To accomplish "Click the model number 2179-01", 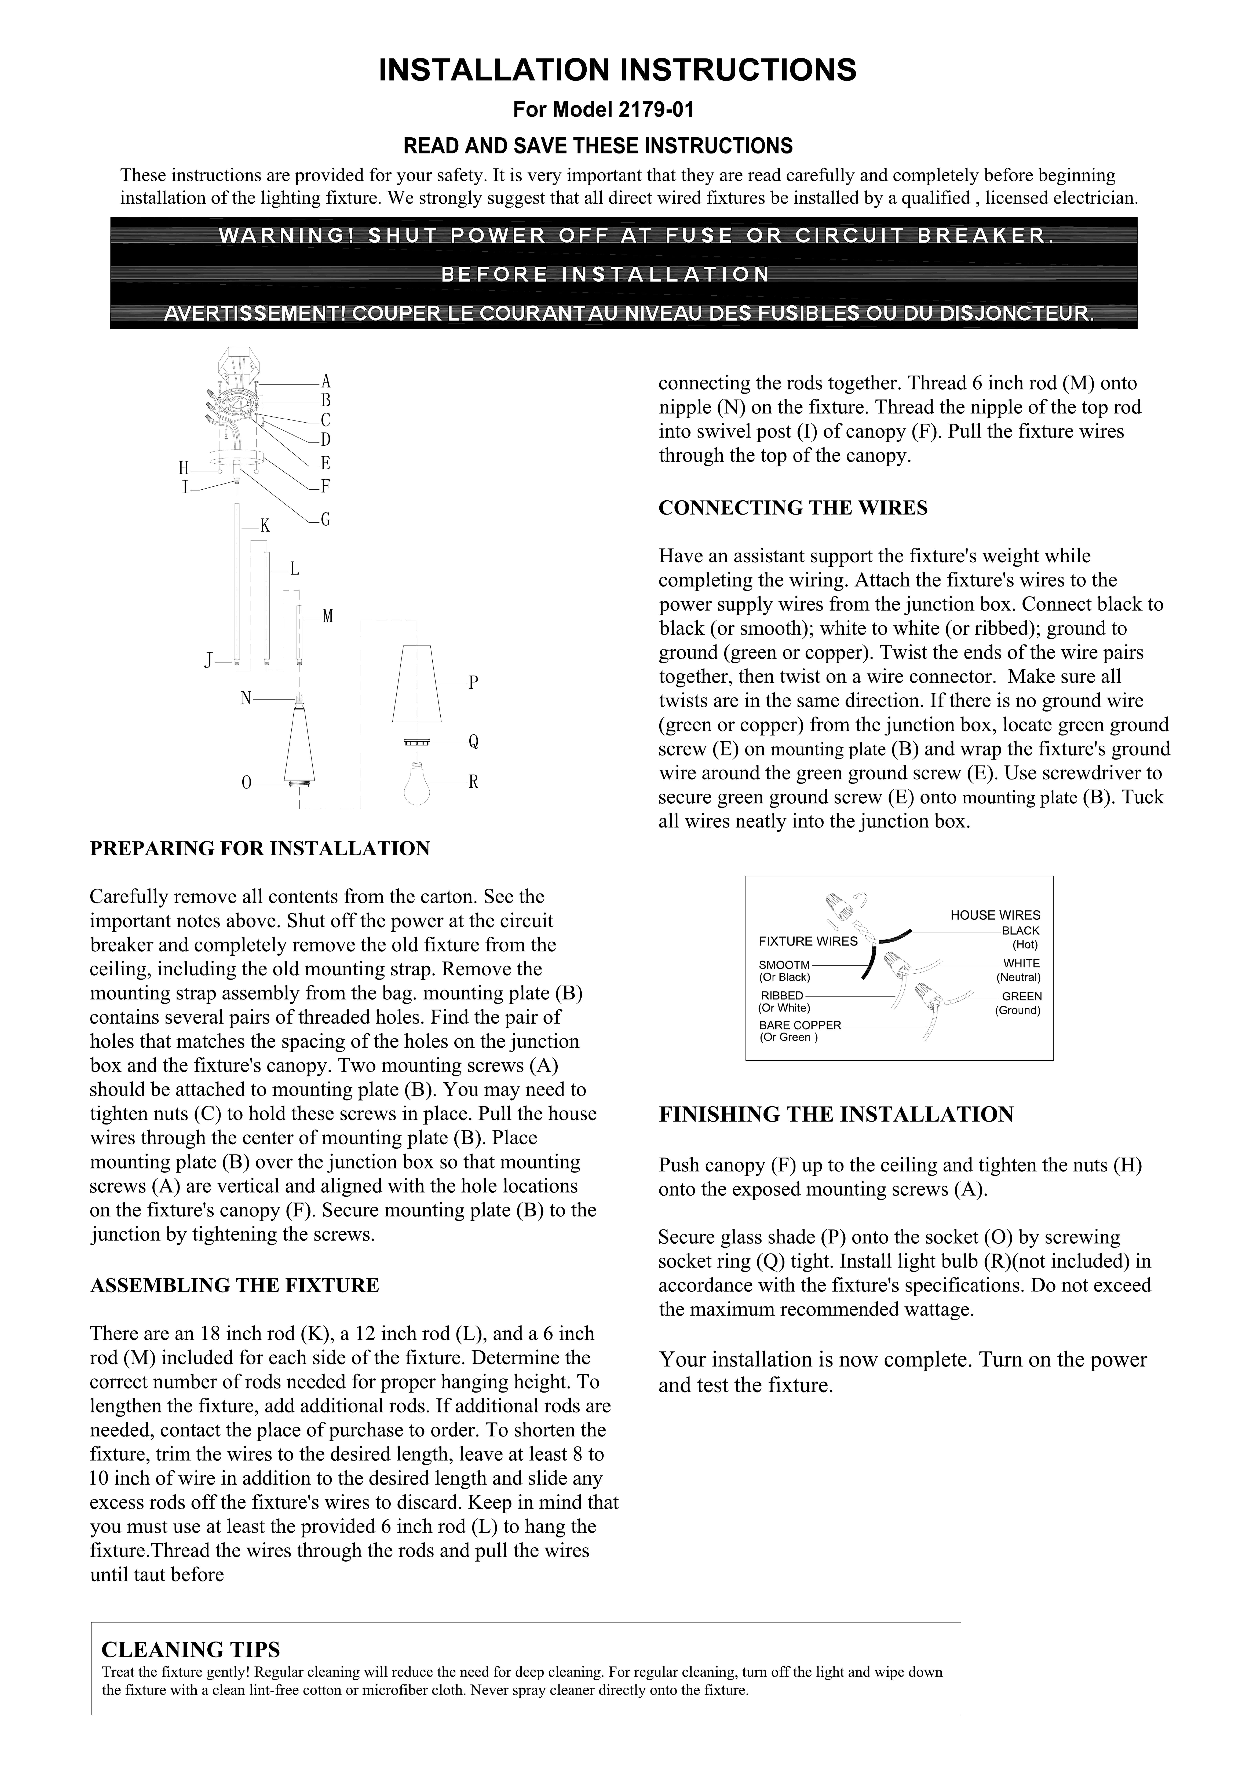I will pos(656,110).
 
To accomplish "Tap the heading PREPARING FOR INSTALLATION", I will pos(260,849).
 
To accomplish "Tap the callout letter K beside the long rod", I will pos(265,526).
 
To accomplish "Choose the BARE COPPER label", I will pos(800,1025).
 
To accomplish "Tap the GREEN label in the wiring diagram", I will pos(1021,996).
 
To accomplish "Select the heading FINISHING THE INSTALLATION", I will pos(836,1115).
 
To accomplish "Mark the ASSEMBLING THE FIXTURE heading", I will pos(234,1285).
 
